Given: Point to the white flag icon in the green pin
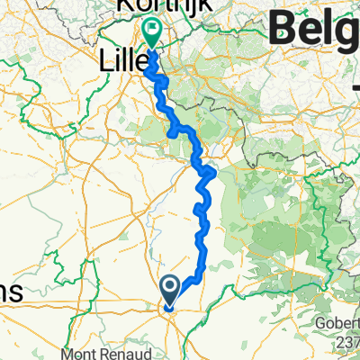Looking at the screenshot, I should (152, 30).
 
